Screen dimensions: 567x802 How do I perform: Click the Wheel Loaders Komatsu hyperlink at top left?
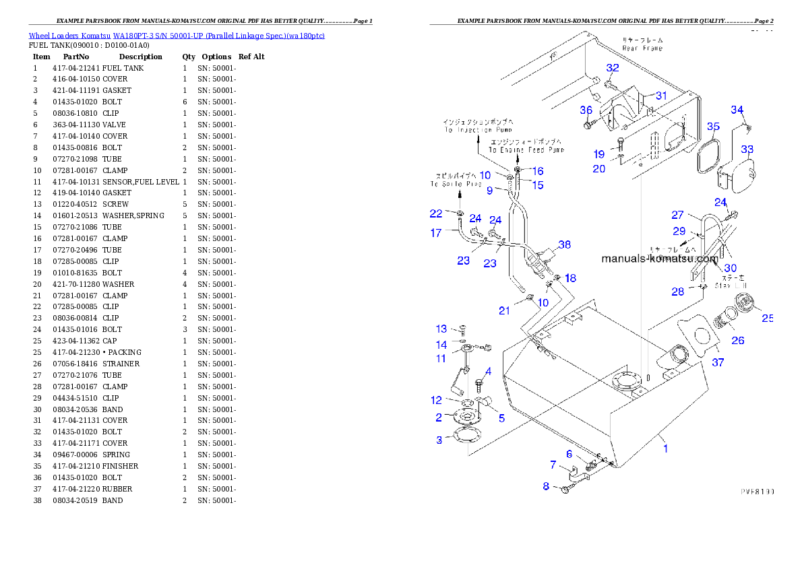177,36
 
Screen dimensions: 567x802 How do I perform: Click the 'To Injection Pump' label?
477,129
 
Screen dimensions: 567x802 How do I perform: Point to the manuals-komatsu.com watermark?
659,259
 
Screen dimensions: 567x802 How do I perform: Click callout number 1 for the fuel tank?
666,448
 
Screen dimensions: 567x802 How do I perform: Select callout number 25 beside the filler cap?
768,319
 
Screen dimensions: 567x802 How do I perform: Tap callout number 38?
564,244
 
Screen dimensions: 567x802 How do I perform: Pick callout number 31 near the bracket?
661,96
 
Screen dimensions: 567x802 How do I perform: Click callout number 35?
713,127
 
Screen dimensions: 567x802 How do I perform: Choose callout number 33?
747,149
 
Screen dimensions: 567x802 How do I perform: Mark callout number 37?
718,363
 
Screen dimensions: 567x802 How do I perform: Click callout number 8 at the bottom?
546,486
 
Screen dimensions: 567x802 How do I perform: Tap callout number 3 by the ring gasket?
439,440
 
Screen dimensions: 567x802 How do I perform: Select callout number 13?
441,329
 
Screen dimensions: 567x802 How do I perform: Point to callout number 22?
436,214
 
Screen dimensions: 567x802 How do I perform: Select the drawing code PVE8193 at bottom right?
757,492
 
